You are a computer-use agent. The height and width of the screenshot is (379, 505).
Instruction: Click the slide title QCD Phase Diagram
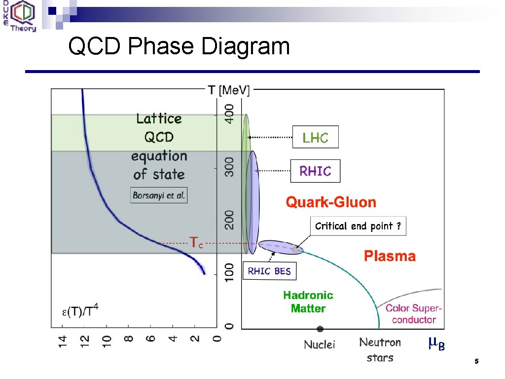point(179,47)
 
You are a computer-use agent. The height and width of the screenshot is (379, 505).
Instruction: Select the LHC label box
point(316,137)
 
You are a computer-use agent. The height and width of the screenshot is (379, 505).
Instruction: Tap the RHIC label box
point(315,171)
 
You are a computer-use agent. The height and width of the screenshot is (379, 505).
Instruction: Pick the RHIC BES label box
point(269,271)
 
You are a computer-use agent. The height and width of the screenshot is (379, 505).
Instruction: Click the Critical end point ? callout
point(358,226)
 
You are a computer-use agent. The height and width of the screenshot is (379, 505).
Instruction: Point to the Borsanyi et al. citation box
point(159,195)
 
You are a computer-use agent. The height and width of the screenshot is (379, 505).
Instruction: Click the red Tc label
point(196,242)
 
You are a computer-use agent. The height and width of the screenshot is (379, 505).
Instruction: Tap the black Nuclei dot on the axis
point(320,329)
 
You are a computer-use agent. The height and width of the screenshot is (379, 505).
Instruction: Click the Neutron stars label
point(380,349)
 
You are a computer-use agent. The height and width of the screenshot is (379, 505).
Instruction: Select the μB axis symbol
point(436,344)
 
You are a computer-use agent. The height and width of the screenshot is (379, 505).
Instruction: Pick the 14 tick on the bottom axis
point(63,341)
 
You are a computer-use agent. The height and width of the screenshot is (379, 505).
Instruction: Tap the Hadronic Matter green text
point(308,302)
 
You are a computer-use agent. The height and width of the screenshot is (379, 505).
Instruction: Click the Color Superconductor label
point(413,314)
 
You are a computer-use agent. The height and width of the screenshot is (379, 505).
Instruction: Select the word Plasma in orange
point(390,256)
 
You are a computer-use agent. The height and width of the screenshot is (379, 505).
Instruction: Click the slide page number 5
point(476,362)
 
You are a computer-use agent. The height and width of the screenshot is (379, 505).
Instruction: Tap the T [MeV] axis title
point(229,90)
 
